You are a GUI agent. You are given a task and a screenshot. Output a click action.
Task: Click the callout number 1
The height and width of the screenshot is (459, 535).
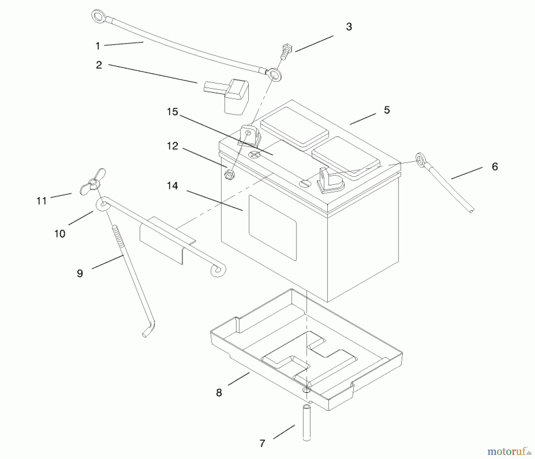(97, 46)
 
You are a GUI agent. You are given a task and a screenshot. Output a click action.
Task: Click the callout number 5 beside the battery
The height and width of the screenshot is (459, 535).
(386, 110)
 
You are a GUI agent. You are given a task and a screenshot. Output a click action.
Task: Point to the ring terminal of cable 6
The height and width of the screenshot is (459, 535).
(421, 160)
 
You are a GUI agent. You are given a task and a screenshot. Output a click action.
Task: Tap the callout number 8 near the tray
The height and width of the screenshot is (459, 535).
(219, 393)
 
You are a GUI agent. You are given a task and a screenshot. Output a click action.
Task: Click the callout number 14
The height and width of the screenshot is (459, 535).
(172, 186)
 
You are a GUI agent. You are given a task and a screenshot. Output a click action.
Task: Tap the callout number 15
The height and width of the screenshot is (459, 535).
(172, 112)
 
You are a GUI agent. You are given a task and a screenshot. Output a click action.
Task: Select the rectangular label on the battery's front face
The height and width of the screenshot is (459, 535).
(272, 228)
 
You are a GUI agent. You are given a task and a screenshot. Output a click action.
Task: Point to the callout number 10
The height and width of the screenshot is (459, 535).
(60, 234)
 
